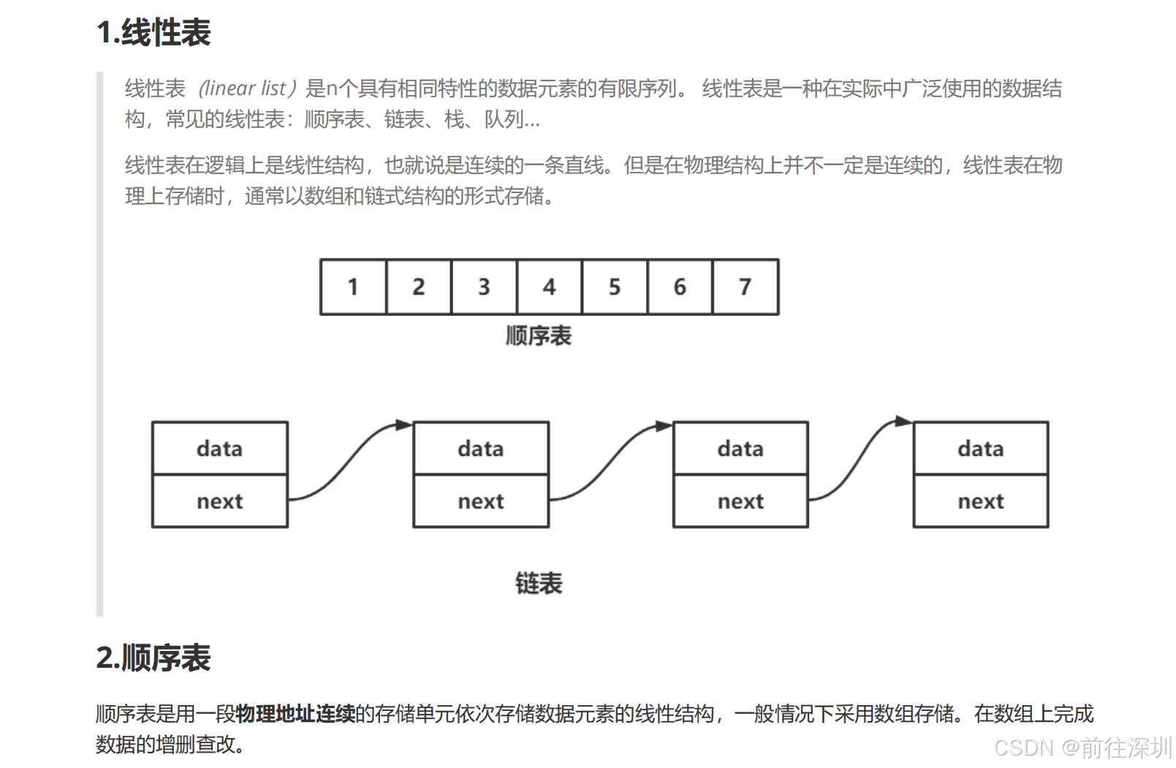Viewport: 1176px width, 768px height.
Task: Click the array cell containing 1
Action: [x=353, y=287]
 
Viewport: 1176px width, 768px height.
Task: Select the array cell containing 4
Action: [x=549, y=287]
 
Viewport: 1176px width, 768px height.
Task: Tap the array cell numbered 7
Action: [x=745, y=287]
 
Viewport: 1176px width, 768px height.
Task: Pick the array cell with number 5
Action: [x=614, y=287]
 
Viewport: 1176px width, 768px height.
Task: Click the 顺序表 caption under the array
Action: [x=539, y=336]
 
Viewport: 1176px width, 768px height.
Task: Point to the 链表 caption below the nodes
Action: [x=539, y=583]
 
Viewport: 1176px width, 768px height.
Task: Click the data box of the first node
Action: [x=219, y=448]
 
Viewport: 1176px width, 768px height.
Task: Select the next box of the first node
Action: [x=219, y=501]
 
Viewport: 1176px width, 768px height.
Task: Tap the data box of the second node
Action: [x=480, y=448]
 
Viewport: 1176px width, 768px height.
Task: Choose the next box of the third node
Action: [x=740, y=501]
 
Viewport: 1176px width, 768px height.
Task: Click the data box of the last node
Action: [x=980, y=448]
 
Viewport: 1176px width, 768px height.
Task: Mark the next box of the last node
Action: [x=980, y=501]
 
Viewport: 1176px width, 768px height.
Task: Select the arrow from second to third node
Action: [x=611, y=461]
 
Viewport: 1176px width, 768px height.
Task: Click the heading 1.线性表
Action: [x=153, y=33]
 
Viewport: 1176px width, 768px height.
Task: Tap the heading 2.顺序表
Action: [x=153, y=658]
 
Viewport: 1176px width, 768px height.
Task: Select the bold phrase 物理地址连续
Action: [x=295, y=713]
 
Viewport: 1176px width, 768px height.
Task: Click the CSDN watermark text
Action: [x=1082, y=748]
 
